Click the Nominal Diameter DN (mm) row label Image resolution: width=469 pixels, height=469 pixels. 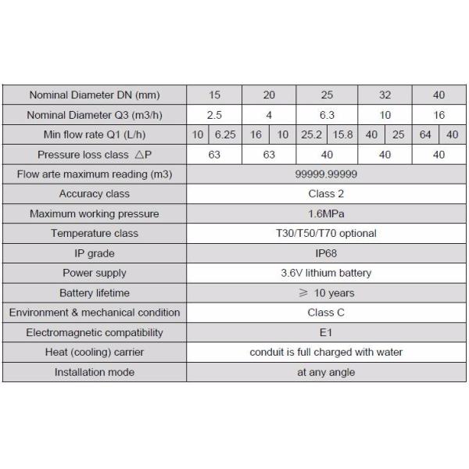click(x=94, y=95)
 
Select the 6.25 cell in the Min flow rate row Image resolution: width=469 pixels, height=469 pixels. click(x=225, y=135)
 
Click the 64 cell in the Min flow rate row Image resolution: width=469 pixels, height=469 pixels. click(x=425, y=135)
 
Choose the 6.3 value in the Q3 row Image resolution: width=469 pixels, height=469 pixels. click(x=327, y=115)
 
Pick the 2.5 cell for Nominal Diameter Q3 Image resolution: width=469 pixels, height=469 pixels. click(x=215, y=115)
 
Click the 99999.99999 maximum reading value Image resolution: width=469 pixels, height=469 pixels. click(x=327, y=174)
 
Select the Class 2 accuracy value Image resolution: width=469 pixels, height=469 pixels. click(x=327, y=194)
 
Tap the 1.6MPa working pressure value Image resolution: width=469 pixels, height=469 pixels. click(x=327, y=213)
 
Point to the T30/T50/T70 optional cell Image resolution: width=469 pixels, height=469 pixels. click(x=327, y=233)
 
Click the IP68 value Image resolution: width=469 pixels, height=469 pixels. click(x=327, y=253)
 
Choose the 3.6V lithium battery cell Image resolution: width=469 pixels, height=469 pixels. click(x=327, y=273)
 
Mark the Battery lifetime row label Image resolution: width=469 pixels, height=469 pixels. click(x=94, y=293)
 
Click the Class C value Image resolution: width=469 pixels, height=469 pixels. click(x=327, y=313)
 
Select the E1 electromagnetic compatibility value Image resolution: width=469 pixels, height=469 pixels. click(x=327, y=332)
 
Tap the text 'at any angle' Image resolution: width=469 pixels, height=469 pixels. click(x=327, y=372)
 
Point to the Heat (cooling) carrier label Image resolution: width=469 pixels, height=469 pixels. click(x=94, y=353)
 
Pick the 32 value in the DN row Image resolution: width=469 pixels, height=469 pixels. click(x=385, y=95)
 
